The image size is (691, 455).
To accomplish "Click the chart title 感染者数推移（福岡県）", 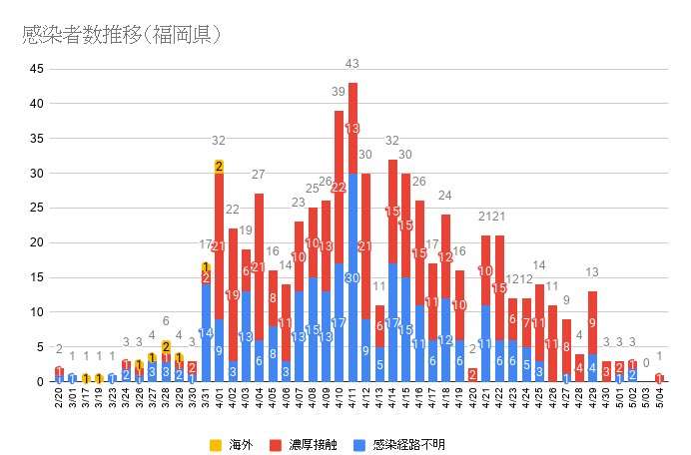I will pos(122,35).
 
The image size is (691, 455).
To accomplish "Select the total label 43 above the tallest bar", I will pos(352,64).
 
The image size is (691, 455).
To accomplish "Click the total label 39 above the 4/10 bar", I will pos(339,92).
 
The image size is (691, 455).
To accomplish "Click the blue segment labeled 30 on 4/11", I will pos(352,277).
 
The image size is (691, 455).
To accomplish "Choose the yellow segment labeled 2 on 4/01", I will pos(218,166).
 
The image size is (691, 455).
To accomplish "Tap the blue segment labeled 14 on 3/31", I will pos(205,333).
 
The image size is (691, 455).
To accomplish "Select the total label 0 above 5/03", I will pos(646,363).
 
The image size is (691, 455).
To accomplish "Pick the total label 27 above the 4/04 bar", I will pos(259,175).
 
